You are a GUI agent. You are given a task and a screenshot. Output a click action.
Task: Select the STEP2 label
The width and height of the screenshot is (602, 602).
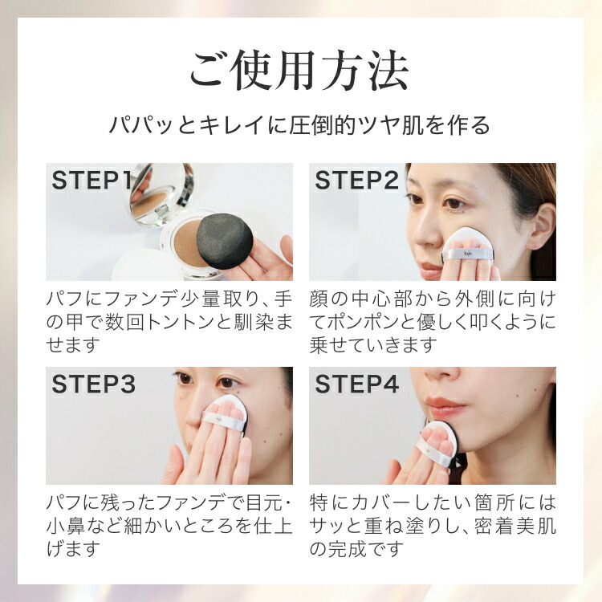point(357,181)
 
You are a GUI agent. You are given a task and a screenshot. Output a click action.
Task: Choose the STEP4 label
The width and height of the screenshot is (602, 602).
point(357,384)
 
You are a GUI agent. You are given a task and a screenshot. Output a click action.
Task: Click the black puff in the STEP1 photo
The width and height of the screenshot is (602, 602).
point(225,240)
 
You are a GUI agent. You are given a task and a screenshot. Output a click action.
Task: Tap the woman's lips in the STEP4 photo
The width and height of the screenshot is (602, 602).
point(447,404)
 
